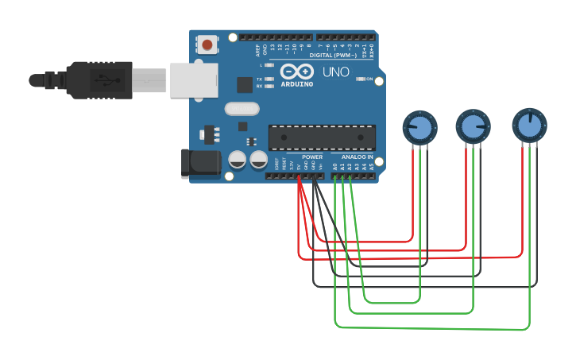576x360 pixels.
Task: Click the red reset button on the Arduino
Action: pos(207,45)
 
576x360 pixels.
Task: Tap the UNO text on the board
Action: pos(335,72)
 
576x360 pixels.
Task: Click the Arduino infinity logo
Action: pos(296,72)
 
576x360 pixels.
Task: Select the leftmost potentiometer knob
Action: pos(420,126)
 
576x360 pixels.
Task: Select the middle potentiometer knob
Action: pos(473,126)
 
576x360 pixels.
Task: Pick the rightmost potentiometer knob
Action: pos(529,123)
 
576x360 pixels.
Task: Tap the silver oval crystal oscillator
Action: pos(242,109)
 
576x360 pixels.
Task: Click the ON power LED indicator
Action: pos(361,79)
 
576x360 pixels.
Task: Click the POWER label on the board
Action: pos(312,157)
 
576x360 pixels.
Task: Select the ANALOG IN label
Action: pos(357,157)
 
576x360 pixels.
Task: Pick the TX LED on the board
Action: pos(269,79)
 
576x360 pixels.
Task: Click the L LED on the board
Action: pos(269,66)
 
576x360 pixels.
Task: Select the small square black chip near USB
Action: pos(245,84)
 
